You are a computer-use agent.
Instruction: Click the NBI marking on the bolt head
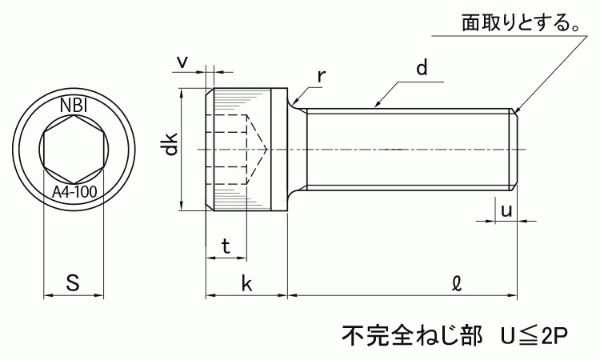coord(74,105)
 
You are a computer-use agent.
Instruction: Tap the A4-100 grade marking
coord(74,192)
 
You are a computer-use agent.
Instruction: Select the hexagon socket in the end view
coord(74,148)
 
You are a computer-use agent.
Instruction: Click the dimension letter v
coord(182,61)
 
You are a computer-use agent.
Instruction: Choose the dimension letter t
coord(226,247)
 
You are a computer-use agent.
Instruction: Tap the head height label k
coord(247,283)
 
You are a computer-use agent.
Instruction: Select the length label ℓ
coord(456,282)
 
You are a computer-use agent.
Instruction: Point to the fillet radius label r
coord(321,76)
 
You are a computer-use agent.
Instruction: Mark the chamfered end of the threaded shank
coord(516,149)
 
